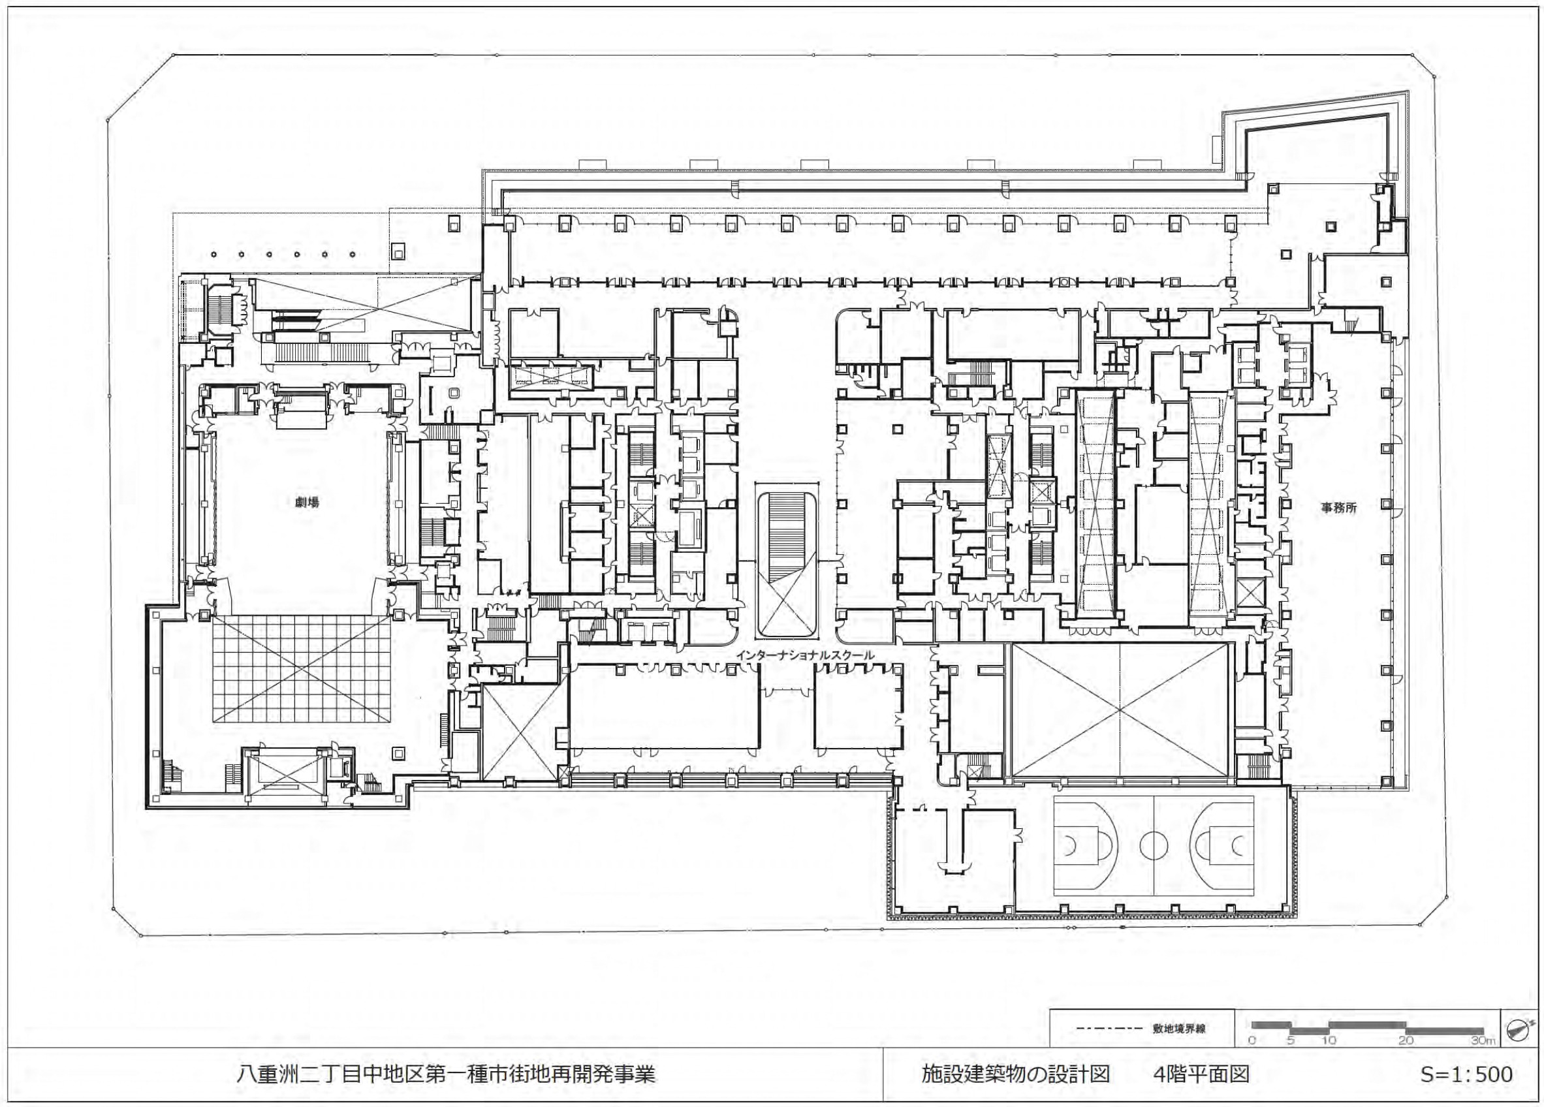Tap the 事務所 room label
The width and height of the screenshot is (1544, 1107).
coord(1339,507)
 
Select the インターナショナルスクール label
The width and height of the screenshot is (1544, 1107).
coord(806,655)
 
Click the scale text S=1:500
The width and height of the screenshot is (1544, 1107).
coord(1465,1074)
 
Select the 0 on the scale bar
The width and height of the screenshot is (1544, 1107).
coord(1252,1059)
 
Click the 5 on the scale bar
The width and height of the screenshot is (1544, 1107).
coord(1291,1059)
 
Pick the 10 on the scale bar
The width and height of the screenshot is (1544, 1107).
coord(1329,1059)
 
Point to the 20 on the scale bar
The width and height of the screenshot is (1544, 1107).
coord(1406,1059)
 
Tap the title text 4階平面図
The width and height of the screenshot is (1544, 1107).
coord(1201,1074)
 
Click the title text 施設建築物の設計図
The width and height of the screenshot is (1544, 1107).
coord(1016,1074)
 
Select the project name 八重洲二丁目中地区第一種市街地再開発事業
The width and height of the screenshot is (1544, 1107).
coord(446,1074)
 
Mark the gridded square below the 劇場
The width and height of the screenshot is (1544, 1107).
coord(301,669)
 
